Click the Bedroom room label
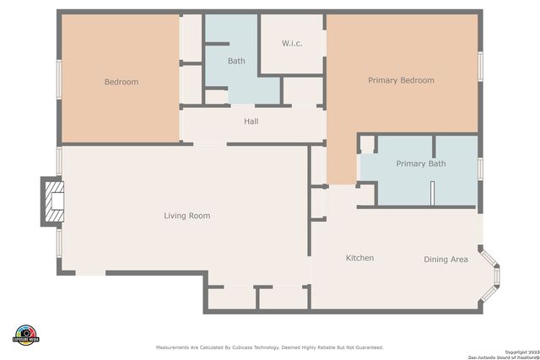point(121,82)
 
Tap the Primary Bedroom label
point(401,80)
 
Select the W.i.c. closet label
point(292,43)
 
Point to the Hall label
point(251,121)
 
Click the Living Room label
point(186,216)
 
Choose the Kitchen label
point(359,258)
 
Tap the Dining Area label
point(445,260)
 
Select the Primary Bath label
point(420,164)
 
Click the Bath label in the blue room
point(236,61)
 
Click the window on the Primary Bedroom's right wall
point(479,65)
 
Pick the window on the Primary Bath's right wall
point(479,169)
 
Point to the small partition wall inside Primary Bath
point(430,192)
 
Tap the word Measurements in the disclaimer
point(175,347)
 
